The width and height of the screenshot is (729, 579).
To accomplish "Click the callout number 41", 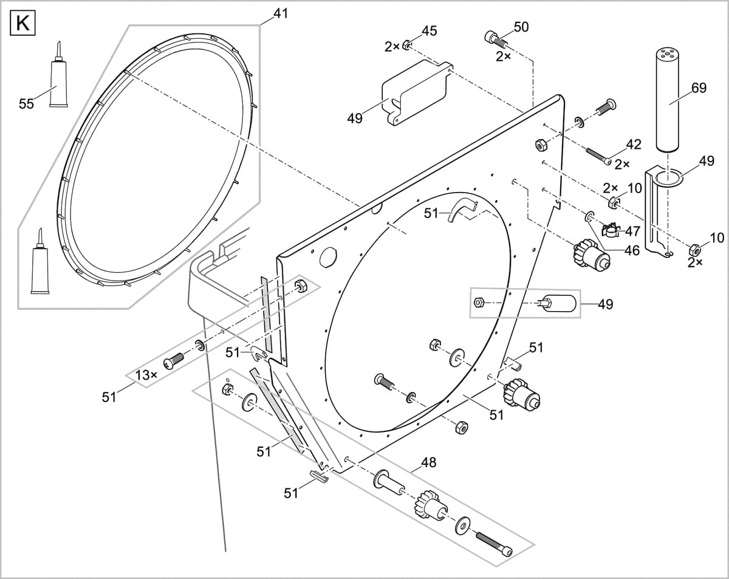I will (x=280, y=13).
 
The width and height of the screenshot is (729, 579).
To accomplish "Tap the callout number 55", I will (x=26, y=104).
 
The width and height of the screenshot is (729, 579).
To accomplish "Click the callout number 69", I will (x=699, y=88).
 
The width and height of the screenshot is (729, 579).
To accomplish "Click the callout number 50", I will (x=521, y=27).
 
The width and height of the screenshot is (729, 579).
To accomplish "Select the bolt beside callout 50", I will (x=495, y=39).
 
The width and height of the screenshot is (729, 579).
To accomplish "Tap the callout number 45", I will (x=429, y=31).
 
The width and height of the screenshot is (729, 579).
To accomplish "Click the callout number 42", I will (x=633, y=144).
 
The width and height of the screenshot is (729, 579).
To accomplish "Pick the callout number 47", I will (x=632, y=231).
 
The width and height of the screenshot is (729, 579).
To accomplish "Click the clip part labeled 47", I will (x=609, y=230).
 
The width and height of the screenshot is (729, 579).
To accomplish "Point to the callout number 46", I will (x=632, y=250).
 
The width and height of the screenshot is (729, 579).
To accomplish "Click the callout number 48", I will (x=428, y=462).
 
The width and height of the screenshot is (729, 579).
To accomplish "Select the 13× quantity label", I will (x=146, y=375).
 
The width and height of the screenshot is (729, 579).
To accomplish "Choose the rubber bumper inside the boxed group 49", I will (x=557, y=303).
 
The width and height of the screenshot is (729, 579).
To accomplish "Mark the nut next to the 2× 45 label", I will (x=406, y=46).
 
